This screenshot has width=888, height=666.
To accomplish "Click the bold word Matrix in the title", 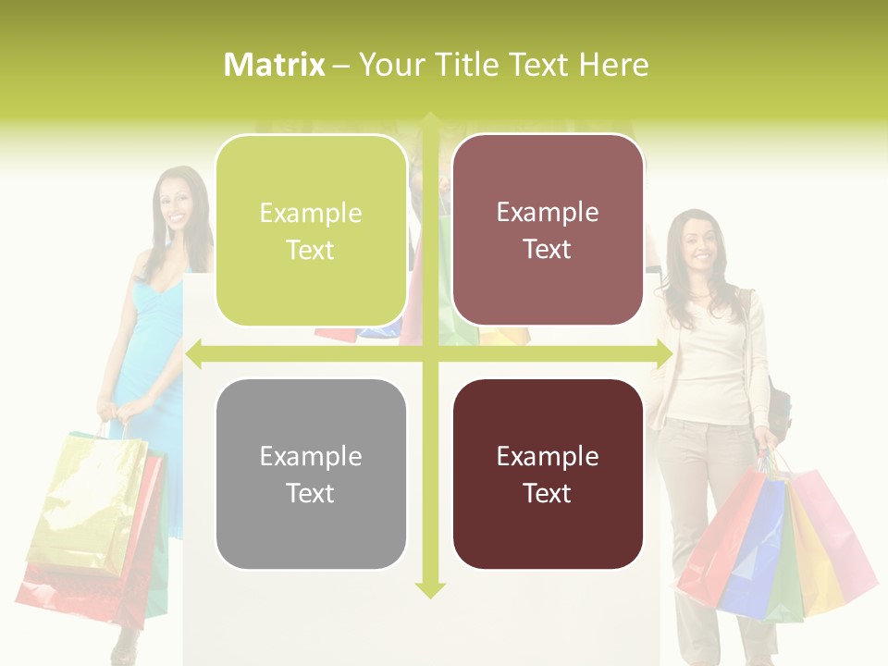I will point(274,65).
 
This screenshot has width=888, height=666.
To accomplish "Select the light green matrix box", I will point(311,230).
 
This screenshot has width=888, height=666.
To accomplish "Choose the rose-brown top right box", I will point(548,230).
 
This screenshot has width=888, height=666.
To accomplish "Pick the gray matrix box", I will point(311,474).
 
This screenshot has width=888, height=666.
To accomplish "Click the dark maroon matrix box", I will point(548,474).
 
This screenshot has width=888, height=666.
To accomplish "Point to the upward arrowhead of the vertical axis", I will point(429,120).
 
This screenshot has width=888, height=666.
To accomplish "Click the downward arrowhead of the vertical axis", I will point(429,589).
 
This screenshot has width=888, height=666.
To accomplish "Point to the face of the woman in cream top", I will point(698,240).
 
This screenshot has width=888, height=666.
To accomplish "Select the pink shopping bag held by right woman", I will point(837,536).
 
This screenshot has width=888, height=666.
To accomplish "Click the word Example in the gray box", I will point(311,456).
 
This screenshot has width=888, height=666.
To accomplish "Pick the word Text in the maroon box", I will point(548,493).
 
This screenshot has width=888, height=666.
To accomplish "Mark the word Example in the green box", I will point(311,213).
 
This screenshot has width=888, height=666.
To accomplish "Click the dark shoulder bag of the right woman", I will point(779,412).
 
